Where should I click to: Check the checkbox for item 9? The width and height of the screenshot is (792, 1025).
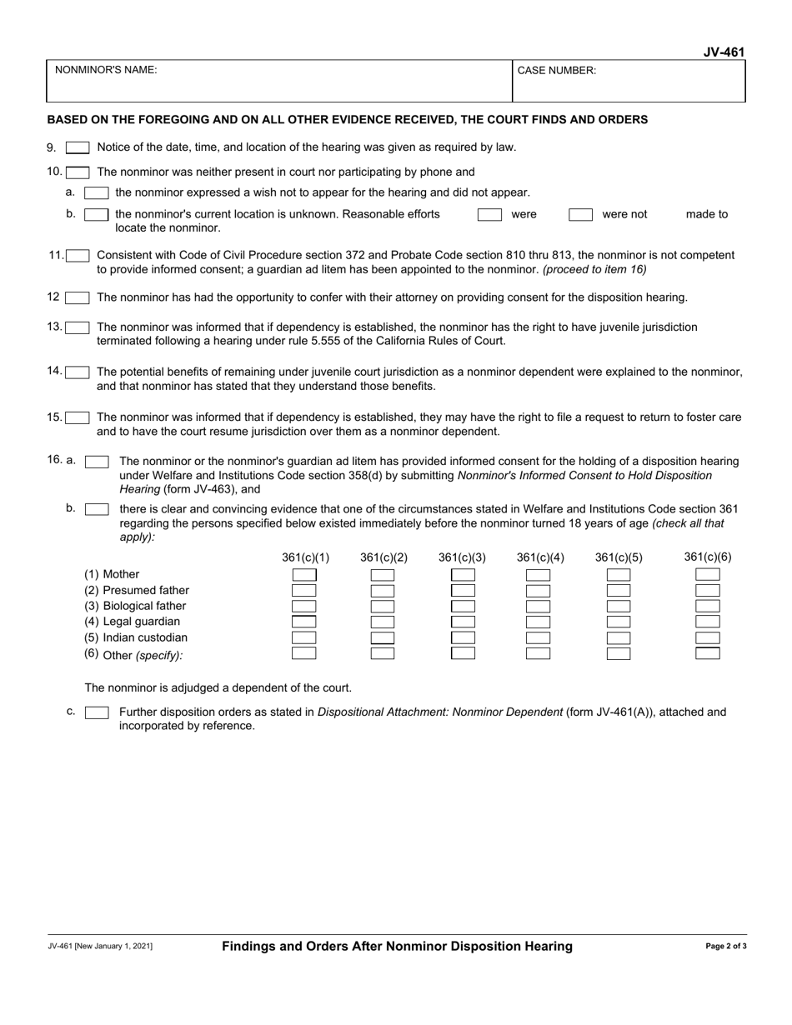[78, 147]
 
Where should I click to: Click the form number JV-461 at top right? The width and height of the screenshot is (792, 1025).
[723, 52]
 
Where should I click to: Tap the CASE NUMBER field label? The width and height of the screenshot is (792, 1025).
[556, 71]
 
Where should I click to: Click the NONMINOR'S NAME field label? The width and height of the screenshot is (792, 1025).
[105, 71]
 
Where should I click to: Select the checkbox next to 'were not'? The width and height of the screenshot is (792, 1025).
[580, 215]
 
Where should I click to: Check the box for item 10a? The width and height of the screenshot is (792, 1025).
[97, 193]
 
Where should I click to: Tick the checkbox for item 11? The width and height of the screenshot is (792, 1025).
[78, 256]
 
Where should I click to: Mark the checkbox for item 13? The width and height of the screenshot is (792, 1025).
[78, 327]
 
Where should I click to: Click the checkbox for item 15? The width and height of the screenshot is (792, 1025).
[78, 417]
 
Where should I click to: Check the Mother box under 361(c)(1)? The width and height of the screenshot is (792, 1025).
[303, 575]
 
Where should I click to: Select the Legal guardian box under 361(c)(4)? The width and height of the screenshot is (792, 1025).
[539, 622]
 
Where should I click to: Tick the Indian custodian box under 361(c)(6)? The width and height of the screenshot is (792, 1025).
[707, 637]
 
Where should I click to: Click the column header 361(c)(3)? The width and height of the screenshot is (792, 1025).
[462, 557]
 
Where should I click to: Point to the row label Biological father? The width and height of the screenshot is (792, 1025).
[135, 606]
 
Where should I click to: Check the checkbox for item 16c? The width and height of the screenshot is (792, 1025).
[97, 712]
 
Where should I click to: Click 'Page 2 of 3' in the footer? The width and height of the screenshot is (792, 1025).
[725, 947]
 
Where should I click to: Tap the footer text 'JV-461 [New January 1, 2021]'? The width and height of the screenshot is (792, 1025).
[99, 947]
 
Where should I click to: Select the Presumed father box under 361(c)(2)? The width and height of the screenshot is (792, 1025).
[383, 591]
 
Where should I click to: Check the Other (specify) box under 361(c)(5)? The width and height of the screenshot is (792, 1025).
[619, 653]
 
